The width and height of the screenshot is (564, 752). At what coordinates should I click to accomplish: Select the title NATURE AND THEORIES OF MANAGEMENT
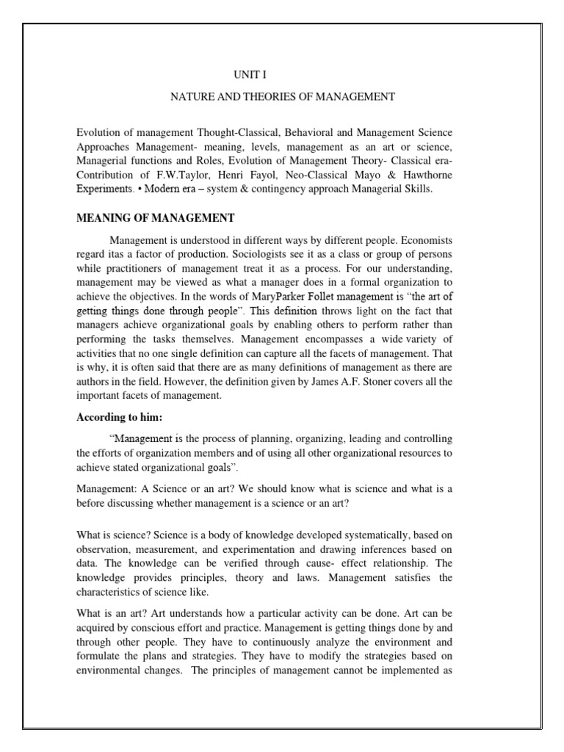283,96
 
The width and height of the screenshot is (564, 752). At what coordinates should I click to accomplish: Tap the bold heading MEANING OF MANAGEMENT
156,217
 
